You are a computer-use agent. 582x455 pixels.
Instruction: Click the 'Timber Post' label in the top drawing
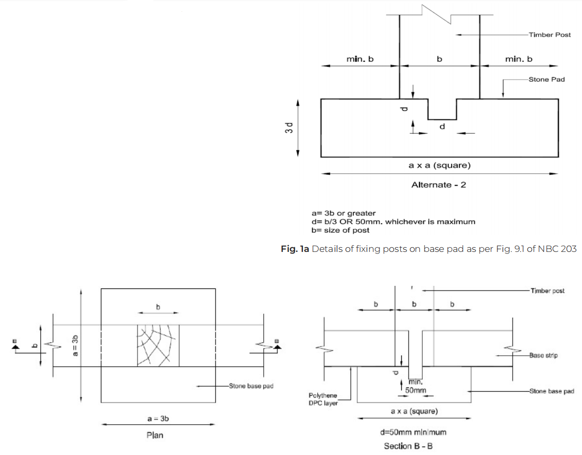click(x=550, y=34)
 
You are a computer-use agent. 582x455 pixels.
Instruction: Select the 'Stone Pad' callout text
click(x=546, y=80)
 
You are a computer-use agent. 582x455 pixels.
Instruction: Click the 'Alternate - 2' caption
click(x=438, y=185)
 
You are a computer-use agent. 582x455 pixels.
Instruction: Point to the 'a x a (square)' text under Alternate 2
click(x=439, y=166)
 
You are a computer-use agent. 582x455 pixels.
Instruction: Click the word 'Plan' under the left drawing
click(x=155, y=435)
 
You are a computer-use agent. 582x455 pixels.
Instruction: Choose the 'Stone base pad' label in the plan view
click(x=251, y=386)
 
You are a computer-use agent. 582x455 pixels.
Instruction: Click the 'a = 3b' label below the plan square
click(x=158, y=418)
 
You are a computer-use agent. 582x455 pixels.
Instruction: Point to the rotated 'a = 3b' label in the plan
click(x=75, y=345)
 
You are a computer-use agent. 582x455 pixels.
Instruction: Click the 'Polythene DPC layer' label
click(x=323, y=399)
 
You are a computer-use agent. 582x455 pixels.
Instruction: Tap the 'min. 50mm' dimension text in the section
click(x=416, y=386)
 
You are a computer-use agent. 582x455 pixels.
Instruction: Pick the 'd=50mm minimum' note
click(x=413, y=432)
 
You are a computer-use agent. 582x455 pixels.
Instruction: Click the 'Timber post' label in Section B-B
click(x=547, y=291)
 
